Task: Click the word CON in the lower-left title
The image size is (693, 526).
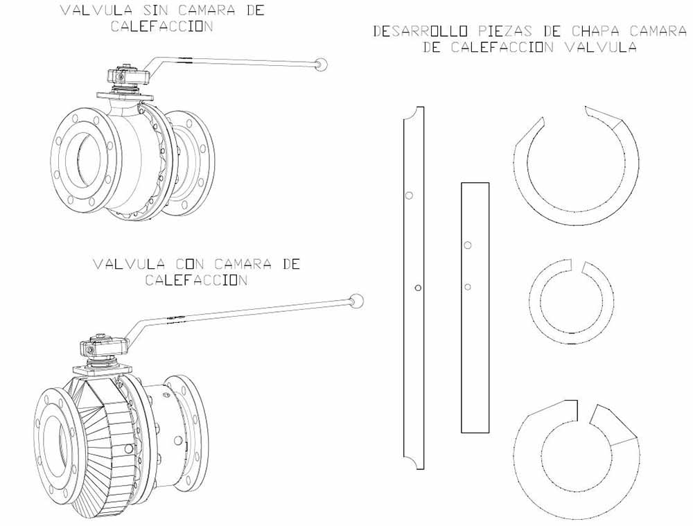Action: tap(190, 264)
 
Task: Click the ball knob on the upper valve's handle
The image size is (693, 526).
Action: tap(322, 64)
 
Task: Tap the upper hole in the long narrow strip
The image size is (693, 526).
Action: tap(410, 195)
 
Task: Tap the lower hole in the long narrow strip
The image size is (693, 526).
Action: tap(418, 288)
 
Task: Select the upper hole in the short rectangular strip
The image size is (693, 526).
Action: tap(468, 245)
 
